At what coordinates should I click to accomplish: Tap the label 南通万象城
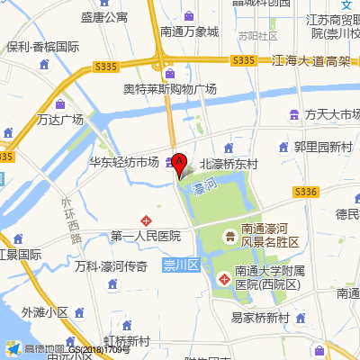coord(189,31)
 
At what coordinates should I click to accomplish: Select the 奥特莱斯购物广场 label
coord(171,90)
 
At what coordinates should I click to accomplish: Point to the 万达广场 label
coord(60,120)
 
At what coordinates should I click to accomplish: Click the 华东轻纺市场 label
coord(123,163)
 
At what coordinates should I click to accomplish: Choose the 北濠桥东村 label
coord(229,165)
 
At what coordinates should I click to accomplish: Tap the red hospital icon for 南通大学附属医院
coord(224,281)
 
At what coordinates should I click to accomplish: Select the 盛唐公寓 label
coord(104,17)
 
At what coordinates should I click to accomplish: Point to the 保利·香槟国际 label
coord(43,47)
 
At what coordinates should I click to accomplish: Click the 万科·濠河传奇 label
coord(112,267)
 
